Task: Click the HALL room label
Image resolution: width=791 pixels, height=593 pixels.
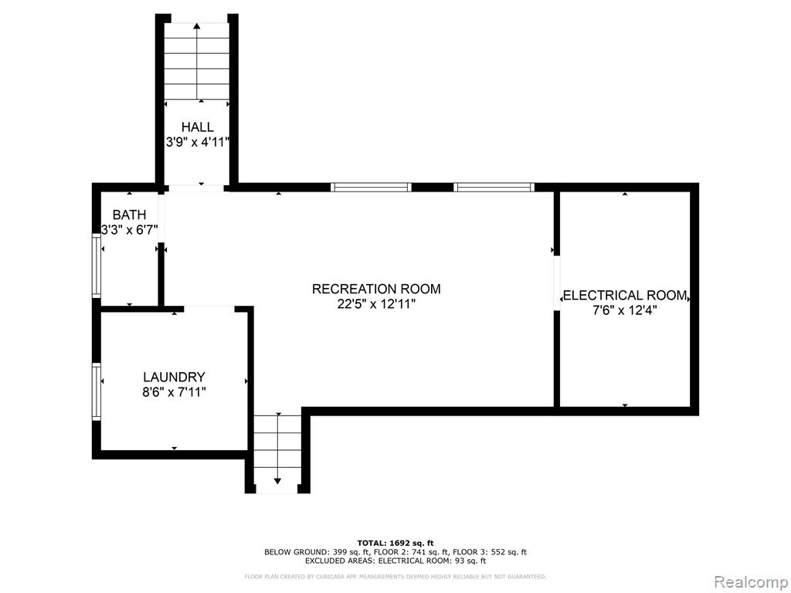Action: pos(197,127)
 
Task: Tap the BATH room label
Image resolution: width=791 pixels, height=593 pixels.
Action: pos(129,215)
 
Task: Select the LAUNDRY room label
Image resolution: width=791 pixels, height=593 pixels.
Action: pos(174,377)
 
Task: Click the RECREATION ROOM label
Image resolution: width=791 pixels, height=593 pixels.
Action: pos(376,289)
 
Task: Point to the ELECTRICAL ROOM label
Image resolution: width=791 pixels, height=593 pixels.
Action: pos(625,296)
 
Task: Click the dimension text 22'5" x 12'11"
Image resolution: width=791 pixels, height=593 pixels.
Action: pos(376,304)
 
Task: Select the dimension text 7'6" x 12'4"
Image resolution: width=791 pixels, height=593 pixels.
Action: pos(624,310)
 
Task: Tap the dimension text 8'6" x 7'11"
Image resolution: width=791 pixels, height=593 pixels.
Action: pos(174,392)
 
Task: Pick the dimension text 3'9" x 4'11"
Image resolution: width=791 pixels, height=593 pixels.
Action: pos(198,142)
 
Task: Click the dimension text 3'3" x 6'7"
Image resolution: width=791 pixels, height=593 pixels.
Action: pos(130,230)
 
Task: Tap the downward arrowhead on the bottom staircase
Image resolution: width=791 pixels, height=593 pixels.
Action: pos(277,481)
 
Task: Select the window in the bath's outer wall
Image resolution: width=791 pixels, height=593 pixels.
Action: pos(96,265)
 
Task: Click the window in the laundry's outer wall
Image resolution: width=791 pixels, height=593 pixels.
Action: pos(96,391)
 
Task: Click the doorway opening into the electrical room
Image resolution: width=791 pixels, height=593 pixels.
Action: pos(557,283)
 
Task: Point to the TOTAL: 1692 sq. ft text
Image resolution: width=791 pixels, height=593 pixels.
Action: pos(395,543)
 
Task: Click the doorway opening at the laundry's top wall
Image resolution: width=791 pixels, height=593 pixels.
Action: pos(209,308)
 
